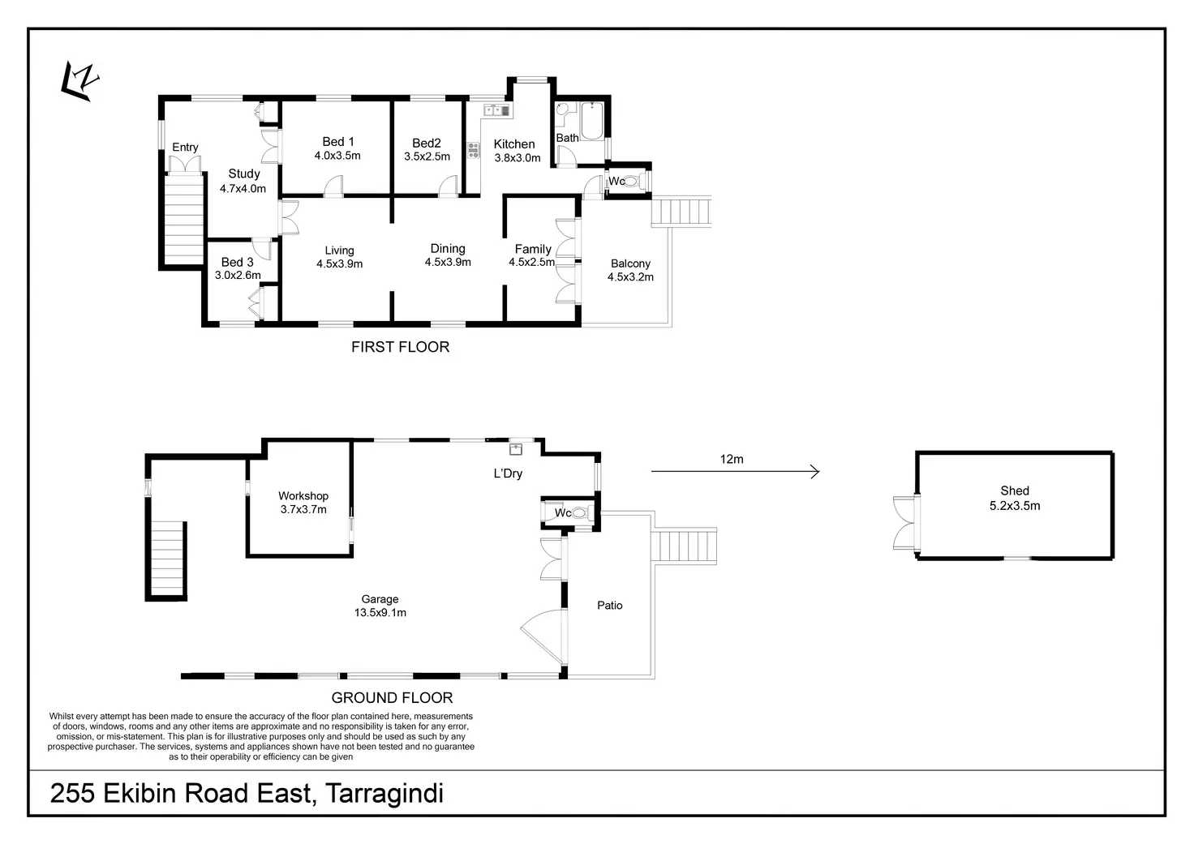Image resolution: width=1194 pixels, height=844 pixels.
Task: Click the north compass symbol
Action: [x=81, y=83]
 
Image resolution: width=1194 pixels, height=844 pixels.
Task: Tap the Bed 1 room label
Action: [x=337, y=148]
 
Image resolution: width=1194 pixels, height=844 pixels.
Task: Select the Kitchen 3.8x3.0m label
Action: [x=516, y=151]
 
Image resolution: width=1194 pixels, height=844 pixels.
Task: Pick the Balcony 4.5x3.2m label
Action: [x=630, y=270]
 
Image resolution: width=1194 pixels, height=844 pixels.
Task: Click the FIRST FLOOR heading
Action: [x=400, y=347]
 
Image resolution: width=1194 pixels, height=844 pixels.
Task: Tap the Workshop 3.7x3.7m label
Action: [x=303, y=503]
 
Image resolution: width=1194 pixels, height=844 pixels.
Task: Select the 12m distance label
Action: [x=732, y=460]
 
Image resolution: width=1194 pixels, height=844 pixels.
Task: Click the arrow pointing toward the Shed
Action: [x=735, y=472]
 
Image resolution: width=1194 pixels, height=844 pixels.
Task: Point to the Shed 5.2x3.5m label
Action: [x=1015, y=498]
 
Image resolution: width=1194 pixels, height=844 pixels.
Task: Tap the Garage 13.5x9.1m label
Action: [x=380, y=606]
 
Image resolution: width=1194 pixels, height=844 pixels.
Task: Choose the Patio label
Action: [x=610, y=605]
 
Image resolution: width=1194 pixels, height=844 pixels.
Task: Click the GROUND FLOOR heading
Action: [x=392, y=697]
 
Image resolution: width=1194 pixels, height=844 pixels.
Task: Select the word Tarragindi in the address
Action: [x=384, y=793]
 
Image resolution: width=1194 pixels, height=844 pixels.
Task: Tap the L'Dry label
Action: [x=508, y=473]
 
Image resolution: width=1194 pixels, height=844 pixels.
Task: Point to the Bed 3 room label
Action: [x=238, y=268]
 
